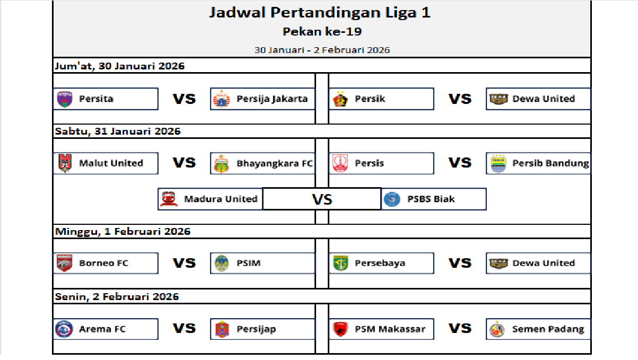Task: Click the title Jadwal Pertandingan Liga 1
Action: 320,13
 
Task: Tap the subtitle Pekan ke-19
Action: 322,31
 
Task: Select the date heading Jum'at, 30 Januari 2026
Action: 120,66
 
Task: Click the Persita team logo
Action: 65,99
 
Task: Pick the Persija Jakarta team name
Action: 272,99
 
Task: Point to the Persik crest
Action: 340,99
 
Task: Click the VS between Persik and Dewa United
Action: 460,99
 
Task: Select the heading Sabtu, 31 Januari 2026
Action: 118,131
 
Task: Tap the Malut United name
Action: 111,163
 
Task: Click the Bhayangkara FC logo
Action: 222,164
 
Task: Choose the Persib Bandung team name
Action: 550,163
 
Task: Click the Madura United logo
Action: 169,199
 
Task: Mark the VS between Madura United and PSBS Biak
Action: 322,199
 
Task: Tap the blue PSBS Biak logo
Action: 392,199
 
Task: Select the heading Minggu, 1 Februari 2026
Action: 123,232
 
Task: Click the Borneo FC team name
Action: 103,263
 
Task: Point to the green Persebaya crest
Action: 340,263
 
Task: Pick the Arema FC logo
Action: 64,329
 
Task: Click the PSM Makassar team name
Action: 390,329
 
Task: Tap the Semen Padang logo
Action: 497,329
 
